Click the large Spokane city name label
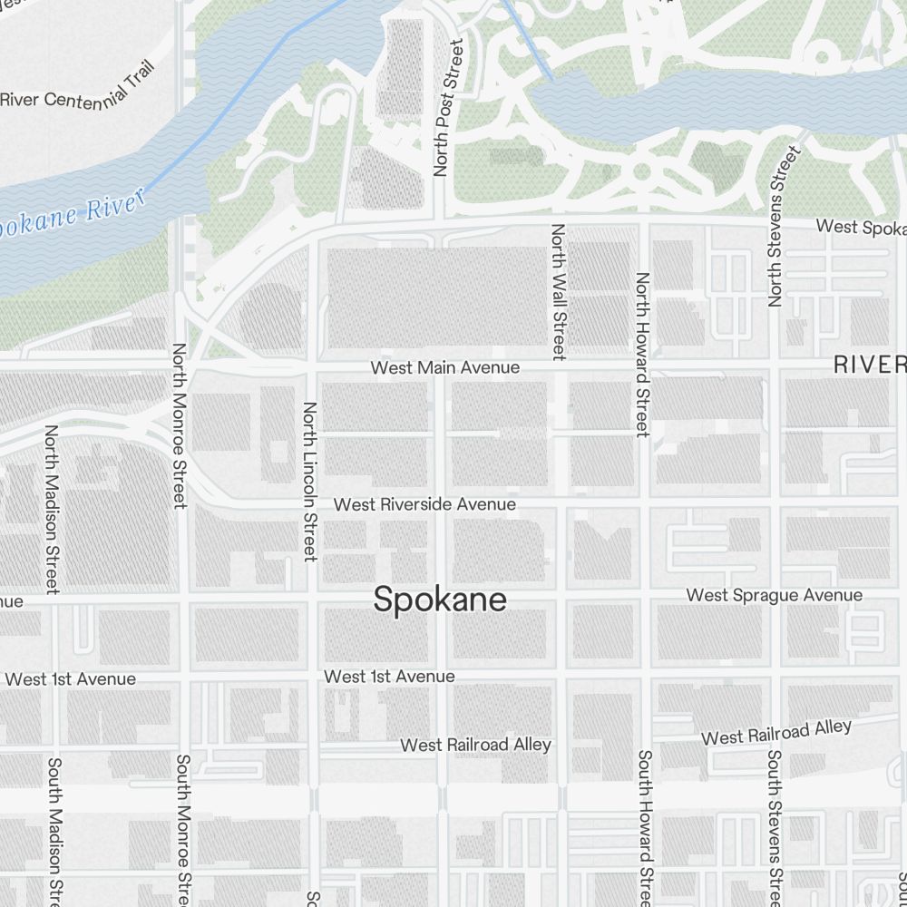440,600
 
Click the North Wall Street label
559,290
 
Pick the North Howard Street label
642,355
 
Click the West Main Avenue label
445,367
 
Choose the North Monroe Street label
180,424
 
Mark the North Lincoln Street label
310,482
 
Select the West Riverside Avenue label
424,503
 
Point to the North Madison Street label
52,510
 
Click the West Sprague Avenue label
775,595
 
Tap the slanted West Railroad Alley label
776,732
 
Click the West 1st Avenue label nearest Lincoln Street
389,677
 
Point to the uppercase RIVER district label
870,365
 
